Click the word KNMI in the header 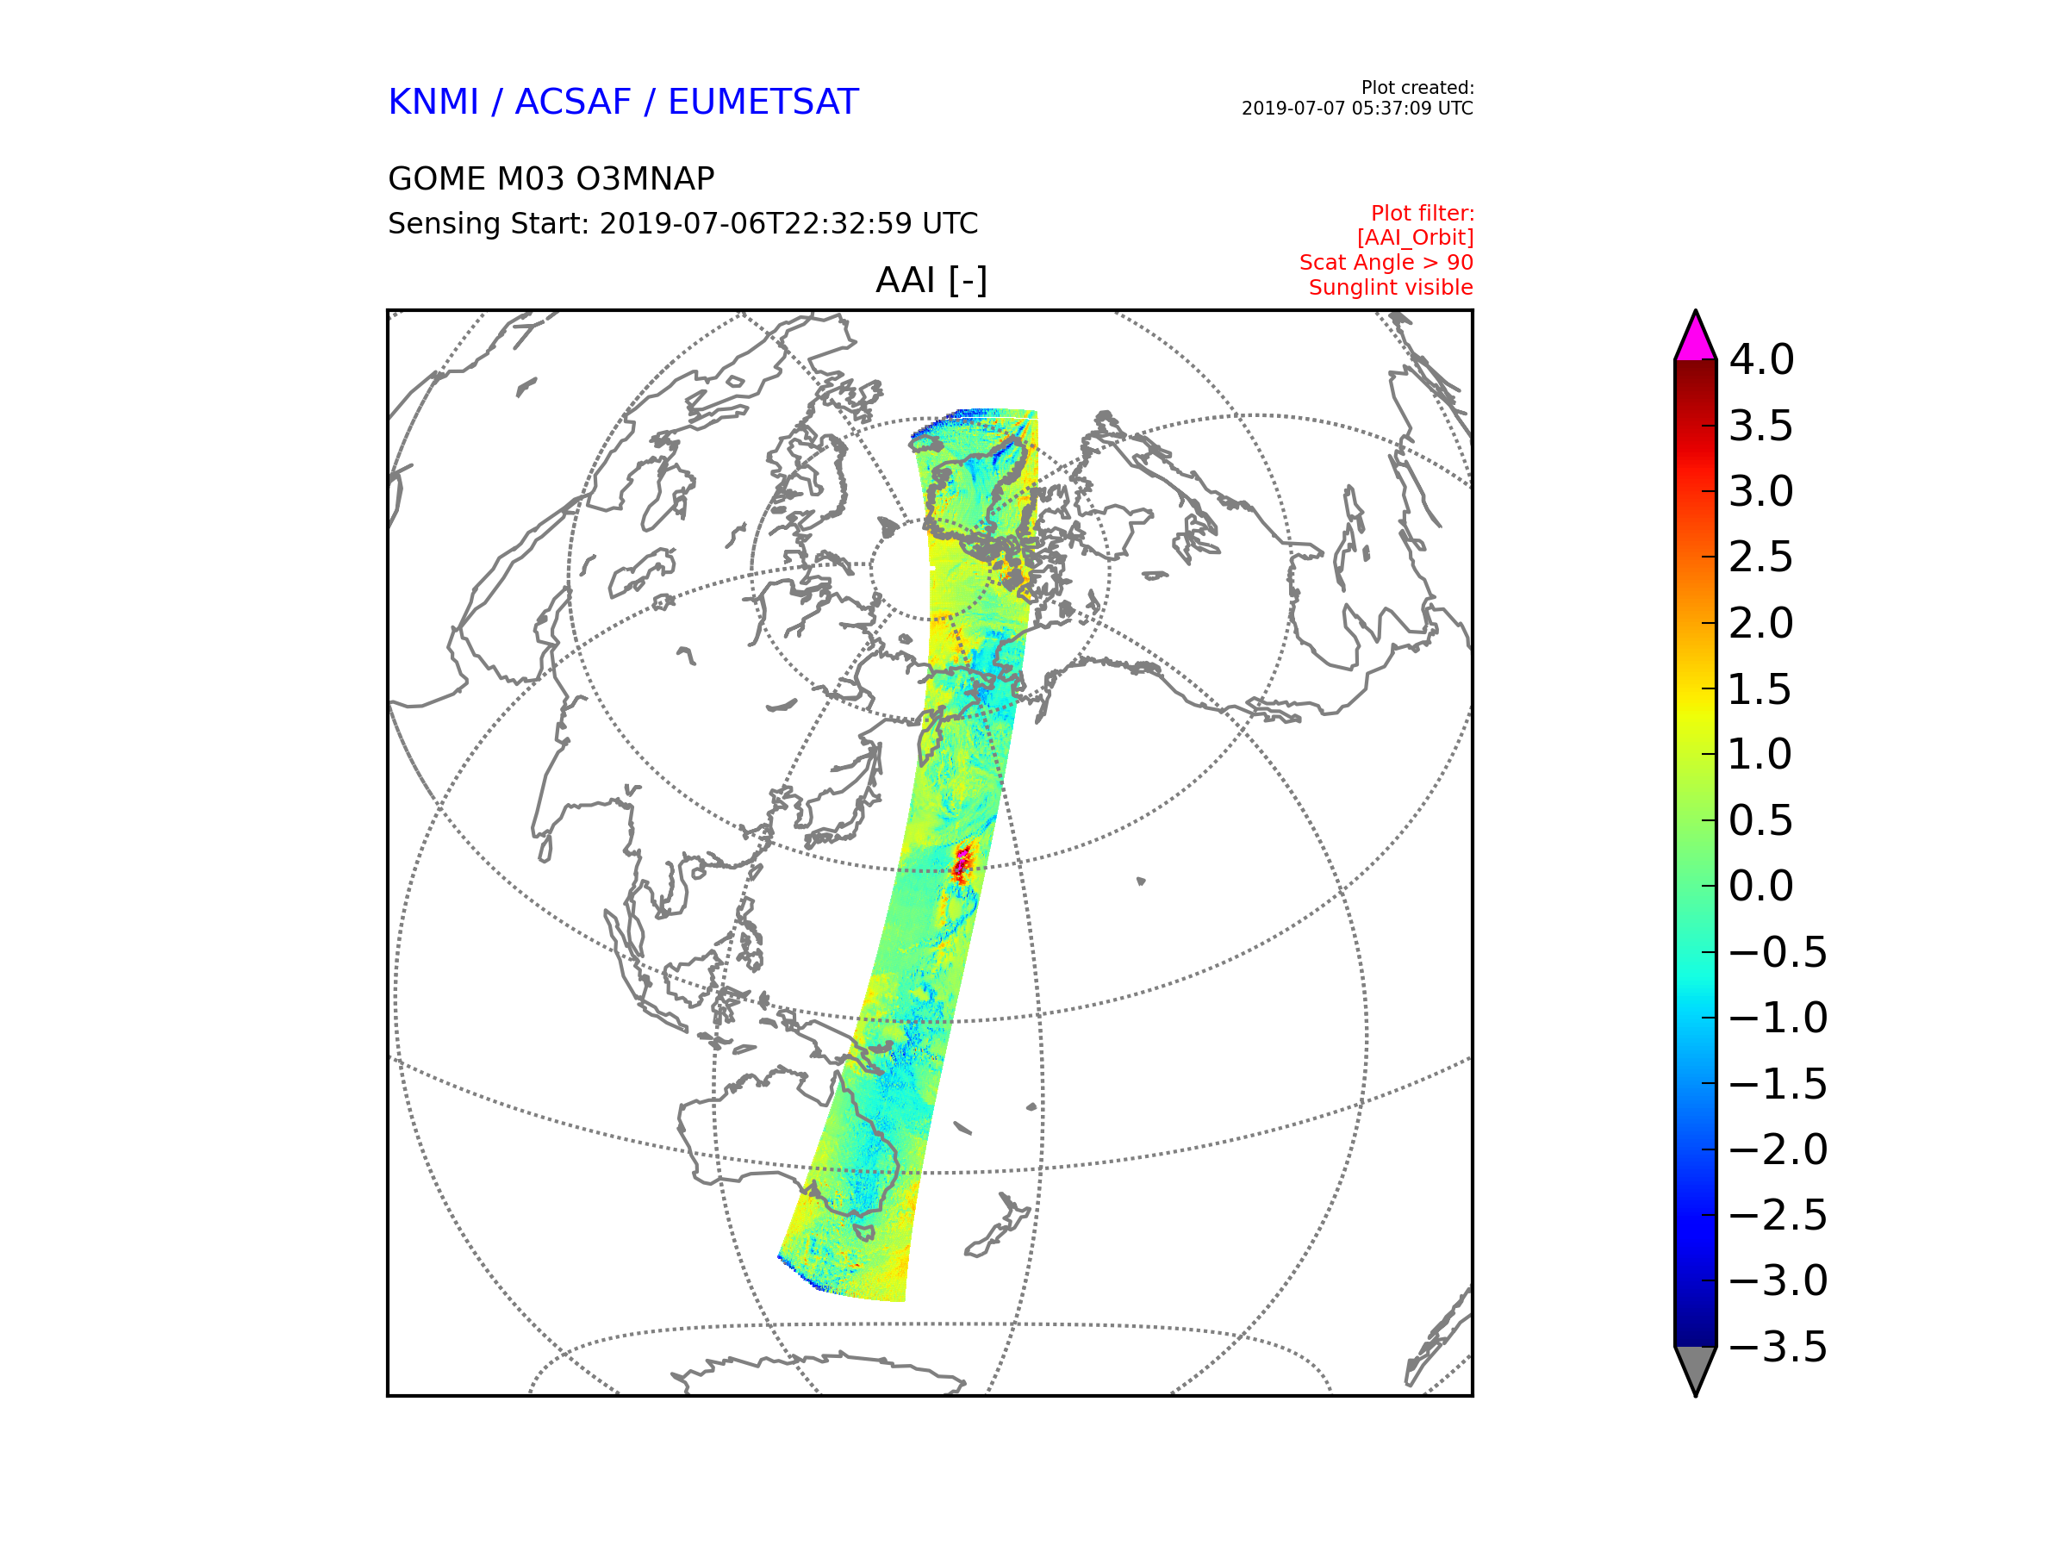click(x=433, y=102)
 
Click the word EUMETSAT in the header click(x=763, y=102)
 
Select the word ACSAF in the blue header click(x=572, y=102)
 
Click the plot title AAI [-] click(x=931, y=279)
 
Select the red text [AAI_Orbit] click(x=1415, y=238)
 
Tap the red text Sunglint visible click(x=1390, y=288)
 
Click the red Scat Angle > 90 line click(x=1386, y=263)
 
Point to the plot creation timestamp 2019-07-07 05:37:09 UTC click(x=1356, y=109)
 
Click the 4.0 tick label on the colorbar click(x=1761, y=360)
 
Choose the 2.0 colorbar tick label click(x=1761, y=624)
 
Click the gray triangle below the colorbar click(x=1695, y=1367)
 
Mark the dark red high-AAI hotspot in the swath click(x=961, y=865)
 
